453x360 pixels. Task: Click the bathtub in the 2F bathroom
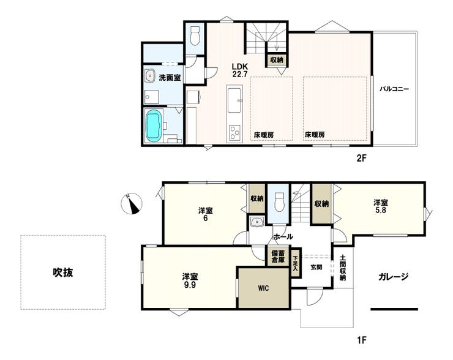(153, 126)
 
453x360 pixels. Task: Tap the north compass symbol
(132, 203)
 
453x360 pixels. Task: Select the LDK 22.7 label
(240, 70)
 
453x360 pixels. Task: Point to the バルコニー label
(394, 89)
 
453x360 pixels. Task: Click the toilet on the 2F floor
(195, 36)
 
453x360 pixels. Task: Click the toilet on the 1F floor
(279, 201)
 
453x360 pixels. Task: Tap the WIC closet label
(263, 288)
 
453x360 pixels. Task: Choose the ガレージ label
(393, 277)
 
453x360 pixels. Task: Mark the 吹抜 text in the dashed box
(62, 272)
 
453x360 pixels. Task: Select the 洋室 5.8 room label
(381, 206)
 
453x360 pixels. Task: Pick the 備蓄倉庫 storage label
(278, 257)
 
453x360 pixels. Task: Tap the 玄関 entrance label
(316, 268)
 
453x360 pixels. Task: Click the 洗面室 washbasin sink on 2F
(150, 76)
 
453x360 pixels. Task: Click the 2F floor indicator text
(361, 158)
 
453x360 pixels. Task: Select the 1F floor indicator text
(361, 340)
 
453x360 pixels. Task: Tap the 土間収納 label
(343, 268)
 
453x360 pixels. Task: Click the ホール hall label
(283, 236)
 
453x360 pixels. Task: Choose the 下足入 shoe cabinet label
(295, 263)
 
